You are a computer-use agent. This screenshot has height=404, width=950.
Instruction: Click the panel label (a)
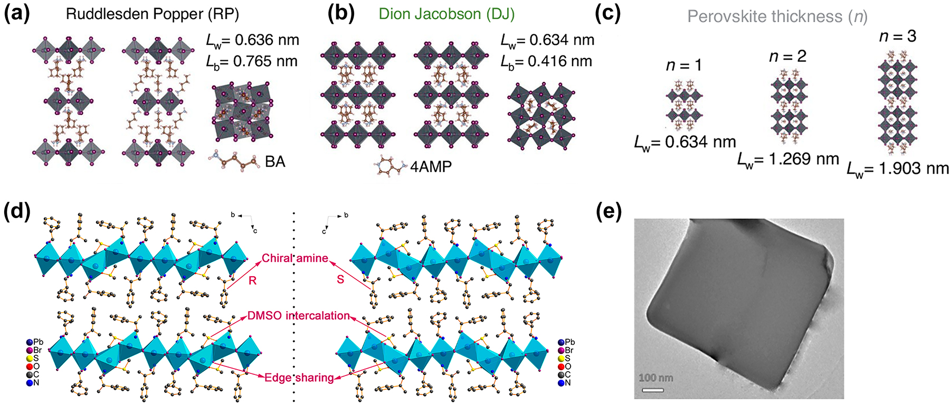pos(16,14)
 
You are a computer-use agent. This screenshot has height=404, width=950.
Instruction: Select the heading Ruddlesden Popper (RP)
pos(152,14)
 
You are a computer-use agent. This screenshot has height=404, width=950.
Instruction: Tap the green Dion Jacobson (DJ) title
pos(446,14)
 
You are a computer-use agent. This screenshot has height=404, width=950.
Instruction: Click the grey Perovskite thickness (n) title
pos(777,16)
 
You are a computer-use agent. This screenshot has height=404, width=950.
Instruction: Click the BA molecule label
pos(275,162)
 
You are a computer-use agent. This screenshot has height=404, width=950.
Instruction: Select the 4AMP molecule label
pos(431,167)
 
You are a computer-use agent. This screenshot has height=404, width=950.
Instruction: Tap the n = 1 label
pos(684,65)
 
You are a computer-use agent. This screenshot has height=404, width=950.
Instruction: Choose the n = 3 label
pos(897,36)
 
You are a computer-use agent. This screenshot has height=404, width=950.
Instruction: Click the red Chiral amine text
pos(295,258)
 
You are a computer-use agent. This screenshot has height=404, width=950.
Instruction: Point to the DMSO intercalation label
pos(298,316)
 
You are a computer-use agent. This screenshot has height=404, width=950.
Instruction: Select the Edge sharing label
pos(299,378)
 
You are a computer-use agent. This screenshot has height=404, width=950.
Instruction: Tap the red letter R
pos(252,281)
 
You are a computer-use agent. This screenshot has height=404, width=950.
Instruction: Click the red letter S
pos(340,279)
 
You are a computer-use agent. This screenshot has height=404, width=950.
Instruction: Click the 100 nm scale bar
pos(653,390)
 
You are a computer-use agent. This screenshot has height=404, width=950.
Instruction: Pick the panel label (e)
pos(609,211)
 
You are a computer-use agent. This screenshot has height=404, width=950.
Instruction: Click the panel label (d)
pos(16,211)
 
